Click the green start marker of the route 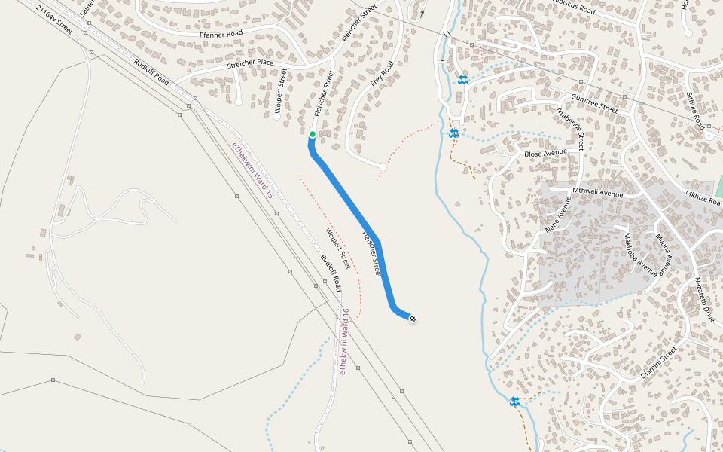312,134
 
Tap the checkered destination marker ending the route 413,319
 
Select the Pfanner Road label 220,34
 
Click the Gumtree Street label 593,104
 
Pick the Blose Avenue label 545,153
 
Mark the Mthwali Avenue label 598,193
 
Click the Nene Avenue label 557,214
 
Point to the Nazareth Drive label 703,299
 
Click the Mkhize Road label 704,197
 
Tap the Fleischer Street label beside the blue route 371,253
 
